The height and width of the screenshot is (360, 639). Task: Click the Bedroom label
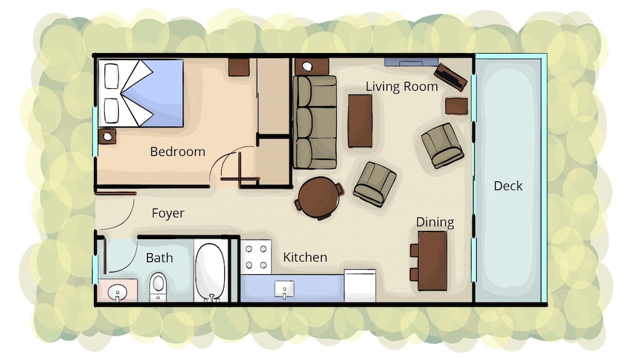tap(177, 152)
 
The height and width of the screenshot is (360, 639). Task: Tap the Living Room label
tap(401, 86)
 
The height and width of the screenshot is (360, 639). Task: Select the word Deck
tap(508, 186)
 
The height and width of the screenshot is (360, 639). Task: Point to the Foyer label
tap(168, 213)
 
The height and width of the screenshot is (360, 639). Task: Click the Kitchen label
tap(305, 257)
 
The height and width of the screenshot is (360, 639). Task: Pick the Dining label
tap(435, 223)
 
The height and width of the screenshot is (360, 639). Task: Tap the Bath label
tap(159, 258)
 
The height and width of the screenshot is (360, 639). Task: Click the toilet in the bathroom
tap(158, 286)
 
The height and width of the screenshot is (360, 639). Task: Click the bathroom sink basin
tap(118, 292)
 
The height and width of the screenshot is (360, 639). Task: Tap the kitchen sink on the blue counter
tap(284, 289)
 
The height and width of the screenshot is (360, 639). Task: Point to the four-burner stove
tap(256, 257)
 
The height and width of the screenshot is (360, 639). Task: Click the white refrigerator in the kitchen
tap(360, 285)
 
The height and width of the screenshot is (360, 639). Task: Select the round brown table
tap(319, 198)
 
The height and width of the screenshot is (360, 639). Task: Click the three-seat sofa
tap(314, 122)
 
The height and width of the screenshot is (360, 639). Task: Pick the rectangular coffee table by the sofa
tap(360, 121)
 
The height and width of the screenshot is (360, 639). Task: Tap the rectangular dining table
tap(433, 261)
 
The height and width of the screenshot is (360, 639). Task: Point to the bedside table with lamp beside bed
tap(107, 136)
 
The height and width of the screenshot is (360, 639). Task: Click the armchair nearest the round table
tap(374, 184)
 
